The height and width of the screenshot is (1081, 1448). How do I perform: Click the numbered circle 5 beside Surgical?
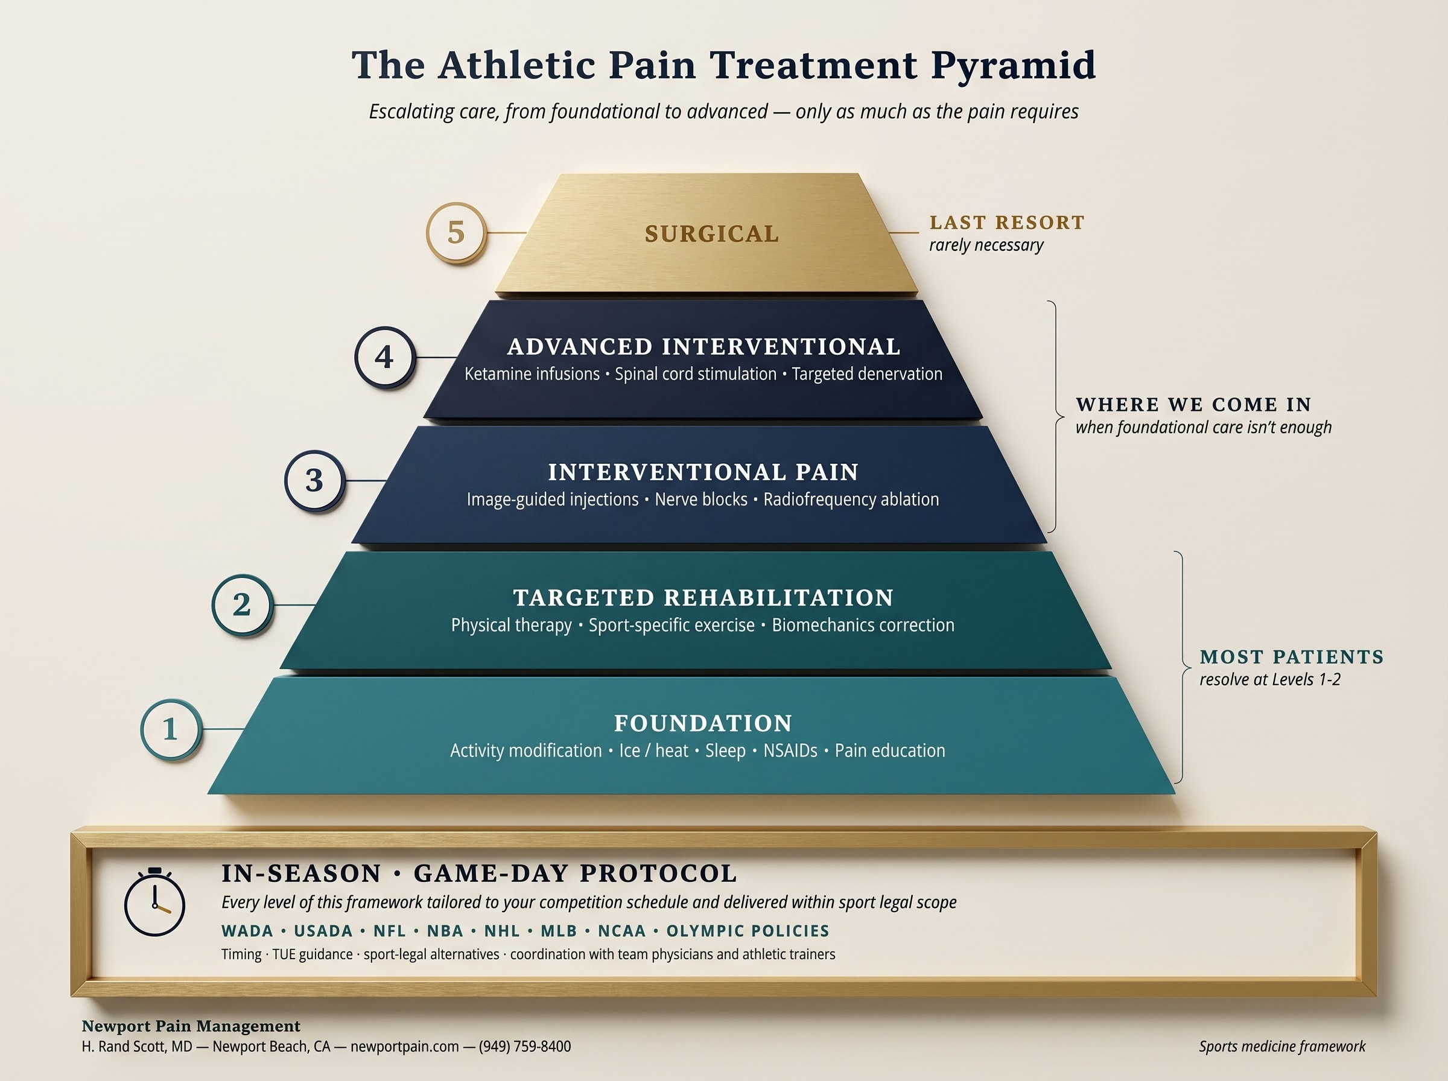[456, 232]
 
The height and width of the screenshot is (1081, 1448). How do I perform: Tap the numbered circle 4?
[385, 357]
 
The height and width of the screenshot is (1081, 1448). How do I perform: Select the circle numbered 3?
[315, 480]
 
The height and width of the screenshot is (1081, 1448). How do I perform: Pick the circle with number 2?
[242, 604]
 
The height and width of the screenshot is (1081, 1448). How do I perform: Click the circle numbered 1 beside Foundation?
[171, 729]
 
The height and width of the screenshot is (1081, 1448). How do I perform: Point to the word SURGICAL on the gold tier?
[712, 233]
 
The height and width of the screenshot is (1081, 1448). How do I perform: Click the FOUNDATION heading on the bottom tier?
[703, 723]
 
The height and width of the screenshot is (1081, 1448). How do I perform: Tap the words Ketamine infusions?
[532, 373]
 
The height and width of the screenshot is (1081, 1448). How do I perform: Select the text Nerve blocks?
[701, 499]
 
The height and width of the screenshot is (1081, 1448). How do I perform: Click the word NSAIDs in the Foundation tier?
[790, 750]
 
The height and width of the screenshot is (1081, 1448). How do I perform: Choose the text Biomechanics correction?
[863, 625]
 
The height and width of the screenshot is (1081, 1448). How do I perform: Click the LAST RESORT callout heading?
[1007, 223]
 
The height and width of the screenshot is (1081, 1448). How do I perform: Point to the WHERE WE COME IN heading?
[1193, 404]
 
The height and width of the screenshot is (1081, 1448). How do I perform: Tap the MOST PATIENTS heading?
[1292, 656]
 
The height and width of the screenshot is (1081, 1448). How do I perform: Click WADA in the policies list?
[247, 931]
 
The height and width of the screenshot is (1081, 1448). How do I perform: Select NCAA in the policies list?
[621, 931]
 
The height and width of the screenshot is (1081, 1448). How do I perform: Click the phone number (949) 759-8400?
[525, 1047]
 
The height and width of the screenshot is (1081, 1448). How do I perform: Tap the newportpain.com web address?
[404, 1047]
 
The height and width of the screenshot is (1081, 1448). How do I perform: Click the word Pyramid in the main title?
[1013, 65]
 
